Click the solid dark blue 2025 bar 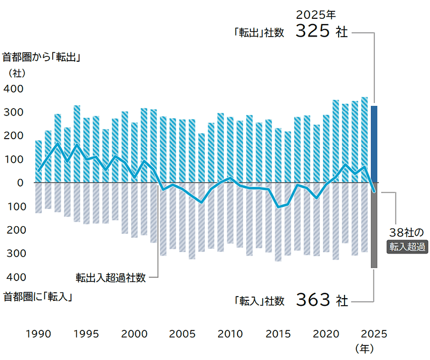click(374, 144)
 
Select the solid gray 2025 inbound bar click(374, 225)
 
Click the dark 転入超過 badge click(408, 247)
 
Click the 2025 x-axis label click(375, 333)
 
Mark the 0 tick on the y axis click(20, 183)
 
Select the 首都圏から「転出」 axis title click(41, 57)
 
